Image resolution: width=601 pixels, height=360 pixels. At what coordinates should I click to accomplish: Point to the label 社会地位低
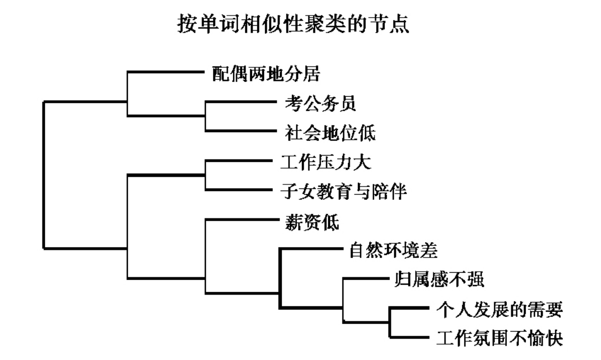[330, 133]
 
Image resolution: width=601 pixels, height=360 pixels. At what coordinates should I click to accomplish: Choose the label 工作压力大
[326, 162]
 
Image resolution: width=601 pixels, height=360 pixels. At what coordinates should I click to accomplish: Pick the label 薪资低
[311, 222]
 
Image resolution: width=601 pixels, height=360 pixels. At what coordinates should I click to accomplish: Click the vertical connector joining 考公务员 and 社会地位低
[205, 116]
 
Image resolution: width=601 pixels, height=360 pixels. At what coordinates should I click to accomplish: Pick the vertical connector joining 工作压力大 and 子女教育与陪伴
[205, 175]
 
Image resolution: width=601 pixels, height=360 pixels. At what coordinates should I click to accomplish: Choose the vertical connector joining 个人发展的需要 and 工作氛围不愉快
[389, 322]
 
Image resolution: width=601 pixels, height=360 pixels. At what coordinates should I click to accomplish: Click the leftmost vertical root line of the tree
[44, 175]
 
